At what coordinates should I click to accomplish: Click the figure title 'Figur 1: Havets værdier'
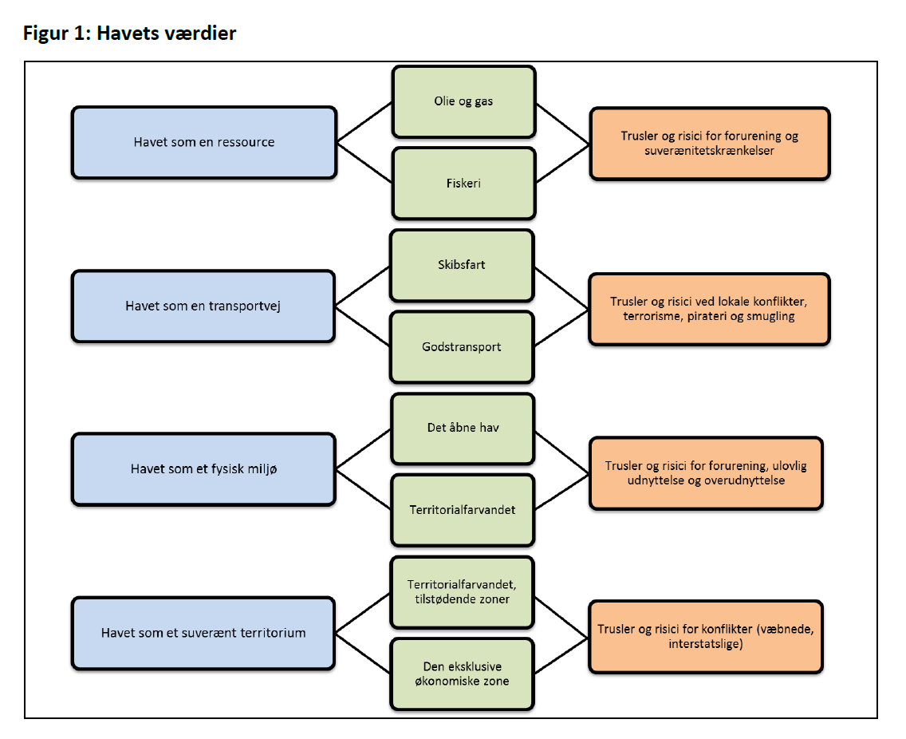[129, 34]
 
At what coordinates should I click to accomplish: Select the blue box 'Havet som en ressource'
[203, 143]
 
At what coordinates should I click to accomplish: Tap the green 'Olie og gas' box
[463, 102]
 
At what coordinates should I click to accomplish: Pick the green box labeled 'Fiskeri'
[463, 183]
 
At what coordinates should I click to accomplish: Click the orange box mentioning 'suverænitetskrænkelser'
[709, 144]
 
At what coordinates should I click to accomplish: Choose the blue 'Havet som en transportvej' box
[203, 306]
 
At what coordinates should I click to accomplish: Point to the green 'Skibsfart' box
[462, 265]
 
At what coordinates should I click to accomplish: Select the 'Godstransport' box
[462, 346]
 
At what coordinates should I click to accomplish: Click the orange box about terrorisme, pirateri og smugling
[709, 309]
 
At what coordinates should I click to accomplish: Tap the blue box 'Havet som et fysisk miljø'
[203, 469]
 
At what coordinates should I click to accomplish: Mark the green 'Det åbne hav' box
[463, 428]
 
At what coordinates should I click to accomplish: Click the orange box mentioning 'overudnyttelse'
[705, 473]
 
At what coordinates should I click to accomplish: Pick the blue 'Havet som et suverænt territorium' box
[203, 633]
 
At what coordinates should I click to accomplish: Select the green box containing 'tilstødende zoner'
[463, 592]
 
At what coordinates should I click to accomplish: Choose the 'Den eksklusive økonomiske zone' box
[463, 674]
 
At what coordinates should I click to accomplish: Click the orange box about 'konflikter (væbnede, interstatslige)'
[705, 636]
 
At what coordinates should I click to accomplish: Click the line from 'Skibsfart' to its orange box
[561, 287]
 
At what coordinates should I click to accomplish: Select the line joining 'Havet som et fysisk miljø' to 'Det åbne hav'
[364, 450]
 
